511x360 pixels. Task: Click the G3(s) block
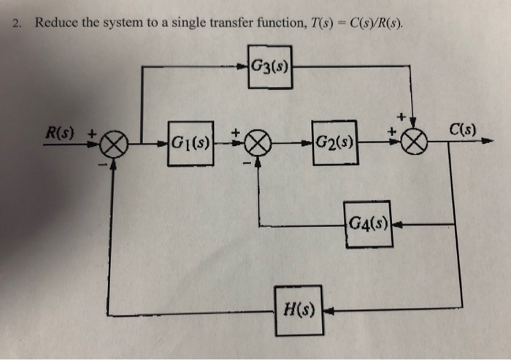[269, 67]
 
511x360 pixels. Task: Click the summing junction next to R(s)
[114, 144]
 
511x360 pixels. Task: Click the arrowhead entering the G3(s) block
[243, 67]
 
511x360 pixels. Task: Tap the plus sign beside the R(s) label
[93, 134]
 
